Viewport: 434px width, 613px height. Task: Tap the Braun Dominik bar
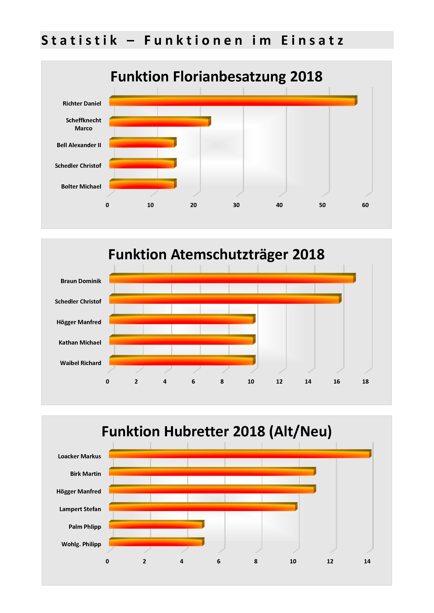click(232, 278)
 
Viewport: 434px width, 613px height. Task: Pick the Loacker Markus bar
click(240, 454)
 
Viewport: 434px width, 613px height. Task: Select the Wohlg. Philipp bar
click(157, 542)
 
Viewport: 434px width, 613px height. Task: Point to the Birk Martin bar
click(213, 471)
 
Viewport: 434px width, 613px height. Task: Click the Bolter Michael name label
click(81, 186)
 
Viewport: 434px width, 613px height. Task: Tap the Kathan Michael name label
click(80, 342)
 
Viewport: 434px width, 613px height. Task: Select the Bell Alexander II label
click(79, 145)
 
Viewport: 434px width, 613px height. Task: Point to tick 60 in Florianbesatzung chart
click(365, 205)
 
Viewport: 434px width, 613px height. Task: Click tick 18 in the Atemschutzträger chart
click(365, 381)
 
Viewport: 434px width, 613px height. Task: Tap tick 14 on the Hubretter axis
click(367, 561)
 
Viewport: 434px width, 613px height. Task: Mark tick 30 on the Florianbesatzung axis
click(236, 205)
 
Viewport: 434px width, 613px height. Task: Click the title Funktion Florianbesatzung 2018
click(216, 77)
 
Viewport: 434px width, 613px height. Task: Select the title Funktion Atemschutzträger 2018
click(216, 254)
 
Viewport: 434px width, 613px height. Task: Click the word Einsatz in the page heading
click(312, 40)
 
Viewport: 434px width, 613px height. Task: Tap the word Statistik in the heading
click(79, 40)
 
